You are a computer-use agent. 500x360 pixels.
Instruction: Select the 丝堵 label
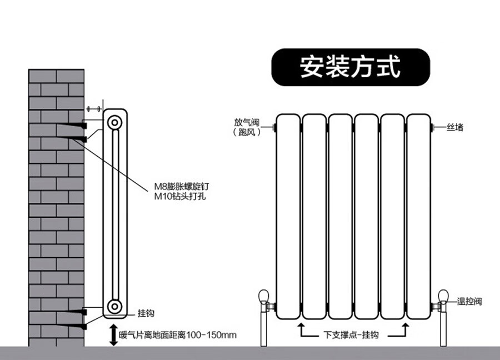[x=455, y=128]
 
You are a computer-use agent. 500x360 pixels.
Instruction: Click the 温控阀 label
[x=469, y=302]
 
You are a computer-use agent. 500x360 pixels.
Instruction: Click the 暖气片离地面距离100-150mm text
[x=178, y=335]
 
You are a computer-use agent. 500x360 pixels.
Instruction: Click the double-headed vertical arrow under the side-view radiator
[x=113, y=335]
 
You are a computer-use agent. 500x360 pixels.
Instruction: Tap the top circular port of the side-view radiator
[x=114, y=123]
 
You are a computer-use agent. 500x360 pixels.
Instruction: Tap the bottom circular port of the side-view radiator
[x=114, y=305]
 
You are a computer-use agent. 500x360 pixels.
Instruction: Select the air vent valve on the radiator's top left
[x=274, y=128]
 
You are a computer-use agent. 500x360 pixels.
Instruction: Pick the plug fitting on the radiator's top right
[x=432, y=128]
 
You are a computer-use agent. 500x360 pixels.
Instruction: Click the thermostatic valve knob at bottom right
[x=444, y=296]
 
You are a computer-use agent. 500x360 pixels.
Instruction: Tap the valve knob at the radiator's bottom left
[x=264, y=296]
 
